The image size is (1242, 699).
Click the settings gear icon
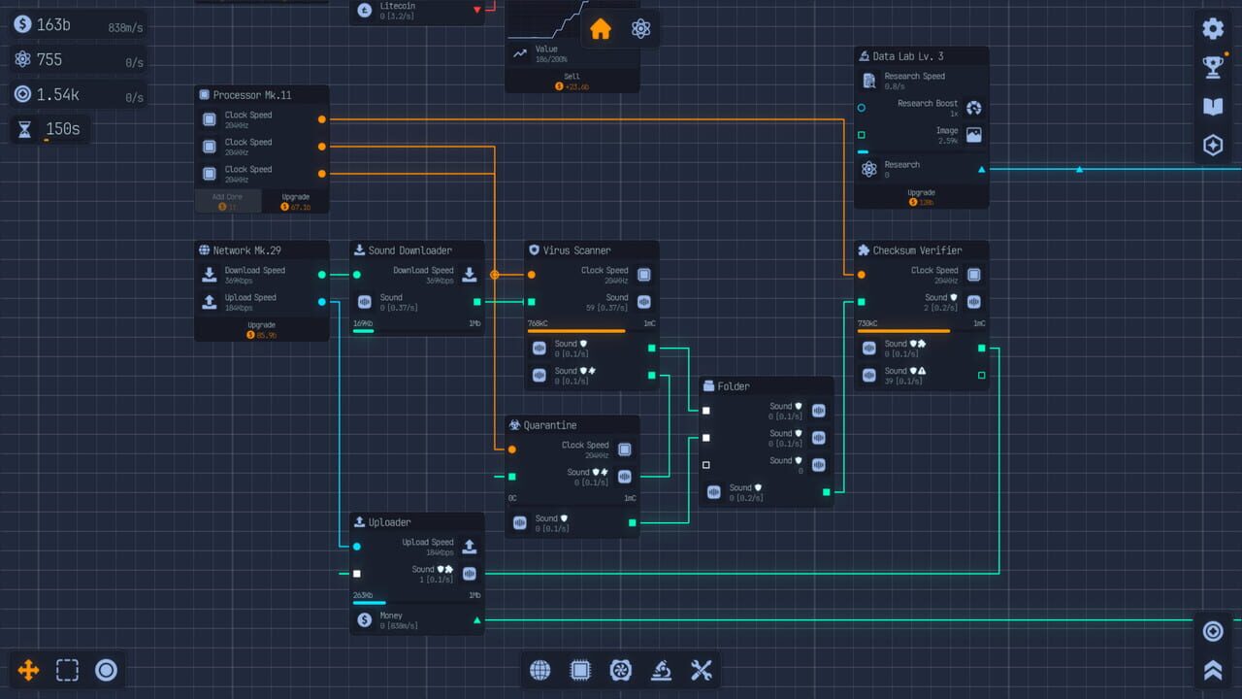click(x=1212, y=28)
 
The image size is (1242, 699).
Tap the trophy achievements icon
click(x=1212, y=67)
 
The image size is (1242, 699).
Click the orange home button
click(x=601, y=29)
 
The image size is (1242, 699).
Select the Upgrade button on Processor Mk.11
click(x=295, y=201)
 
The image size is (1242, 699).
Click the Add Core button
click(x=227, y=201)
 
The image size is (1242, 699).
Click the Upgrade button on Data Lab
click(x=921, y=197)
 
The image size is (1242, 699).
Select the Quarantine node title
click(x=549, y=425)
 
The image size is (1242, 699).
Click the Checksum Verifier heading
click(x=916, y=250)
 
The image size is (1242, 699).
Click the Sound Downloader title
click(x=409, y=250)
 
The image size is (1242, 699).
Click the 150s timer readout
click(x=62, y=129)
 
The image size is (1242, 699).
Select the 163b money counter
click(x=53, y=25)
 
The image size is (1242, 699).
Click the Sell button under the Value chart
click(x=572, y=82)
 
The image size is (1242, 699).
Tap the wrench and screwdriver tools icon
click(x=702, y=670)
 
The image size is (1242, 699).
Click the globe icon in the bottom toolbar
click(x=540, y=670)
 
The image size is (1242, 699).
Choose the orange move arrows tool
click(x=28, y=670)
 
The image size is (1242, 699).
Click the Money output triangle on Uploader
click(x=476, y=619)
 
